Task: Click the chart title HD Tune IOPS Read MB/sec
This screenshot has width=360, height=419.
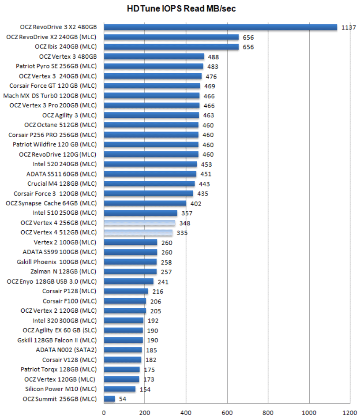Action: [181, 8]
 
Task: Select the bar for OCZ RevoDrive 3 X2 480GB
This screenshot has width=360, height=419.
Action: [220, 27]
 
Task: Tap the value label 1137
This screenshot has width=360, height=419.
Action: [349, 27]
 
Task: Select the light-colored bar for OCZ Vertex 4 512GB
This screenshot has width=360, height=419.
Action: [138, 232]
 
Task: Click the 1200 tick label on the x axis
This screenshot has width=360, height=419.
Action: [350, 413]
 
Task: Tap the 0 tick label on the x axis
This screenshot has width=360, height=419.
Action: [104, 413]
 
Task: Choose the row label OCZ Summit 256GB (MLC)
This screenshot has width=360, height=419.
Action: [59, 399]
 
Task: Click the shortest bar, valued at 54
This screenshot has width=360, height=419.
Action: [109, 399]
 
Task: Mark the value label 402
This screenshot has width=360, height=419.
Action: [195, 203]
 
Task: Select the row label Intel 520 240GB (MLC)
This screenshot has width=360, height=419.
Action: [64, 164]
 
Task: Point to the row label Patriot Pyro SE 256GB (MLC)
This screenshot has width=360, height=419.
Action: [56, 66]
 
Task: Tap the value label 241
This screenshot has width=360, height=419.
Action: [163, 282]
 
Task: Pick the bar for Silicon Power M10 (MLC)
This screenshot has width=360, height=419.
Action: [120, 389]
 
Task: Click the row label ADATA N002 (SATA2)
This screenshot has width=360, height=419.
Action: [66, 350]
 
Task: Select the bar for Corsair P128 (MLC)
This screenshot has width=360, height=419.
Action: [126, 291]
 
